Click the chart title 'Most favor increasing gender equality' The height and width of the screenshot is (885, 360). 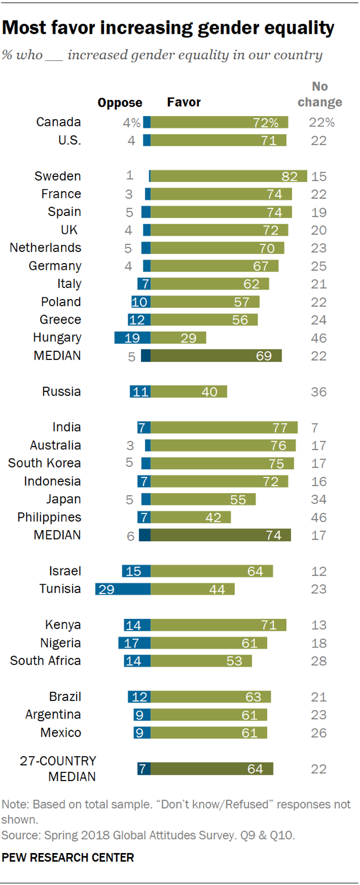click(168, 27)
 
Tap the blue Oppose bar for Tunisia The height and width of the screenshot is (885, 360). click(123, 589)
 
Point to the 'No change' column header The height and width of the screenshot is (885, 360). click(319, 94)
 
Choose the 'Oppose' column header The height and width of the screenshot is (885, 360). click(120, 103)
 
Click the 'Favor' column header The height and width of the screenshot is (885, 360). click(183, 102)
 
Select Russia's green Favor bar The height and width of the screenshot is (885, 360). click(189, 391)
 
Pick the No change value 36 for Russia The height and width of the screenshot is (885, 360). click(319, 392)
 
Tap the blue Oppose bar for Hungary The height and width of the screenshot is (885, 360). click(132, 338)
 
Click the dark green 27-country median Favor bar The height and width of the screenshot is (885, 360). click(211, 769)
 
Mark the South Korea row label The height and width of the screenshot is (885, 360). click(44, 463)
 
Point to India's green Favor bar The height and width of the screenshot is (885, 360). click(224, 427)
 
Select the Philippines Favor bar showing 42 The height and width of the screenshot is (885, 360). click(190, 517)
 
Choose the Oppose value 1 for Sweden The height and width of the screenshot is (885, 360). click(130, 176)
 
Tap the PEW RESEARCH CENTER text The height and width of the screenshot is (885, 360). click(68, 857)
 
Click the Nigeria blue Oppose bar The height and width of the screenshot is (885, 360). click(134, 643)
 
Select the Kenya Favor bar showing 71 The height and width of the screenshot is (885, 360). click(218, 625)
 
